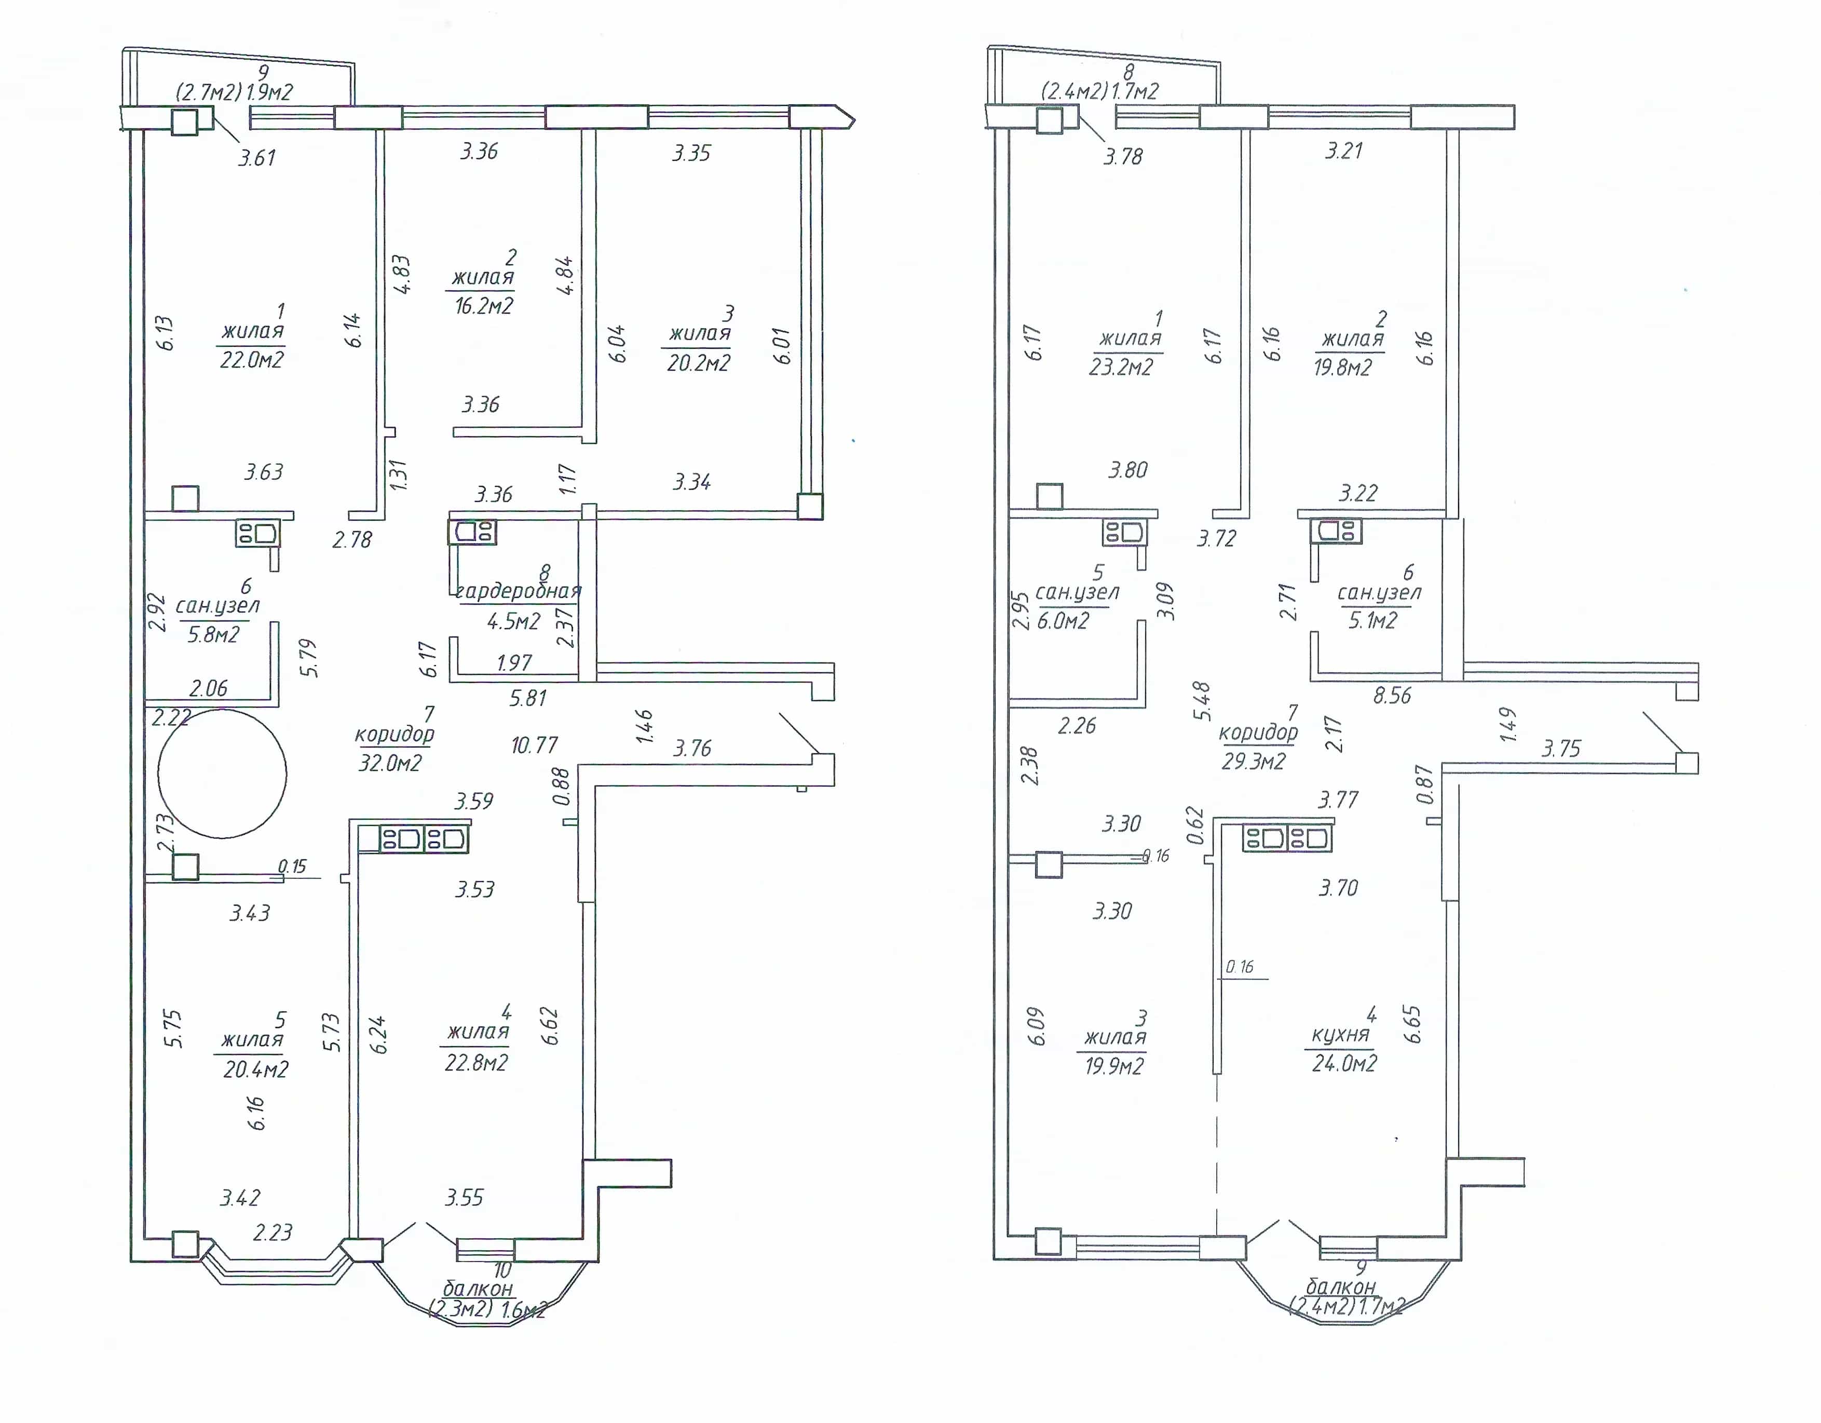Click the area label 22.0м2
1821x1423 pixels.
[252, 359]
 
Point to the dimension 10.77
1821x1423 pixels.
[535, 745]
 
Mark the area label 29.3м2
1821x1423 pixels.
[1253, 762]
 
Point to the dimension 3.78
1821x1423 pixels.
[1123, 156]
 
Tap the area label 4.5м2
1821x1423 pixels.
[513, 621]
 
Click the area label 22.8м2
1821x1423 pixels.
[476, 1063]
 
